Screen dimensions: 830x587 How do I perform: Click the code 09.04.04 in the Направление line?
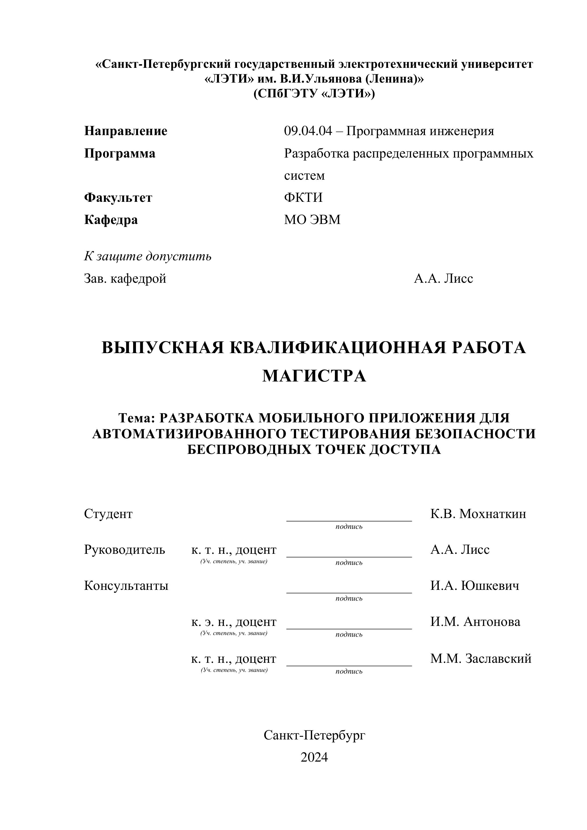click(308, 131)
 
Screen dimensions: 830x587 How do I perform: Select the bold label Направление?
click(125, 131)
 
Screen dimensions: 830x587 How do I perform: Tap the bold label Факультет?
click(118, 198)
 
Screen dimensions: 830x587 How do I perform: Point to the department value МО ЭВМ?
click(312, 220)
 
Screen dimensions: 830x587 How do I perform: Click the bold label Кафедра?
click(111, 220)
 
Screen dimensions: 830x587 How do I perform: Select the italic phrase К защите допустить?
click(148, 256)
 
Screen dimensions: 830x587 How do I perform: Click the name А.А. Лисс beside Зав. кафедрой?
click(443, 279)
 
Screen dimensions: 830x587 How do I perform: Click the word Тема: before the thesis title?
click(137, 418)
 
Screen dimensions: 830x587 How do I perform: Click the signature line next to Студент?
click(349, 521)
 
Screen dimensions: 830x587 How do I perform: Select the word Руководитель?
click(124, 550)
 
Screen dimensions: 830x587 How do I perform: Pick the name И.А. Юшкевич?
click(474, 586)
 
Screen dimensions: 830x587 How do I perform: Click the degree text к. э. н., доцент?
click(234, 622)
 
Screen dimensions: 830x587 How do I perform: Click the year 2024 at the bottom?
click(314, 757)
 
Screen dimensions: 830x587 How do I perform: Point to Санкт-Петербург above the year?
click(314, 735)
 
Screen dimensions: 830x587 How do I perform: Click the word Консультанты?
click(126, 586)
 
